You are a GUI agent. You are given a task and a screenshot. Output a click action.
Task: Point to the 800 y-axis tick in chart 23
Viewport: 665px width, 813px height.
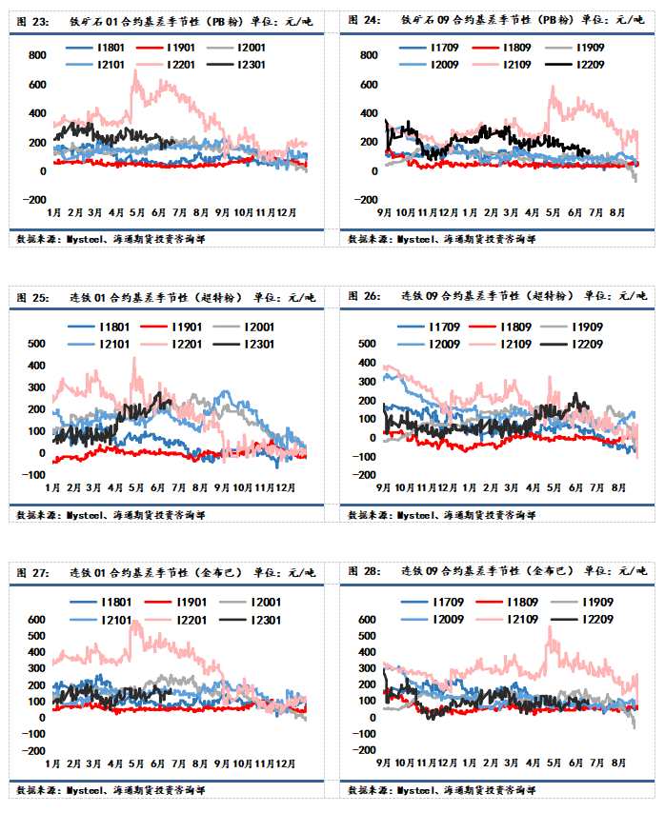(36, 55)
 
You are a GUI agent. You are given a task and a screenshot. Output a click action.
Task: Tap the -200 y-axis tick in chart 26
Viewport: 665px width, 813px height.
(365, 475)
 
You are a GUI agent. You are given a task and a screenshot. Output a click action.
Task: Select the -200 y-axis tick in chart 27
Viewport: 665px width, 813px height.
(33, 751)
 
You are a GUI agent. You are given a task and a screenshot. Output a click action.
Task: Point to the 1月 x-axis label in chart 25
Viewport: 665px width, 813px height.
(53, 486)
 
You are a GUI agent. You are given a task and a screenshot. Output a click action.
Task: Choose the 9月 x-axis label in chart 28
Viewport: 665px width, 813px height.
(383, 763)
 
